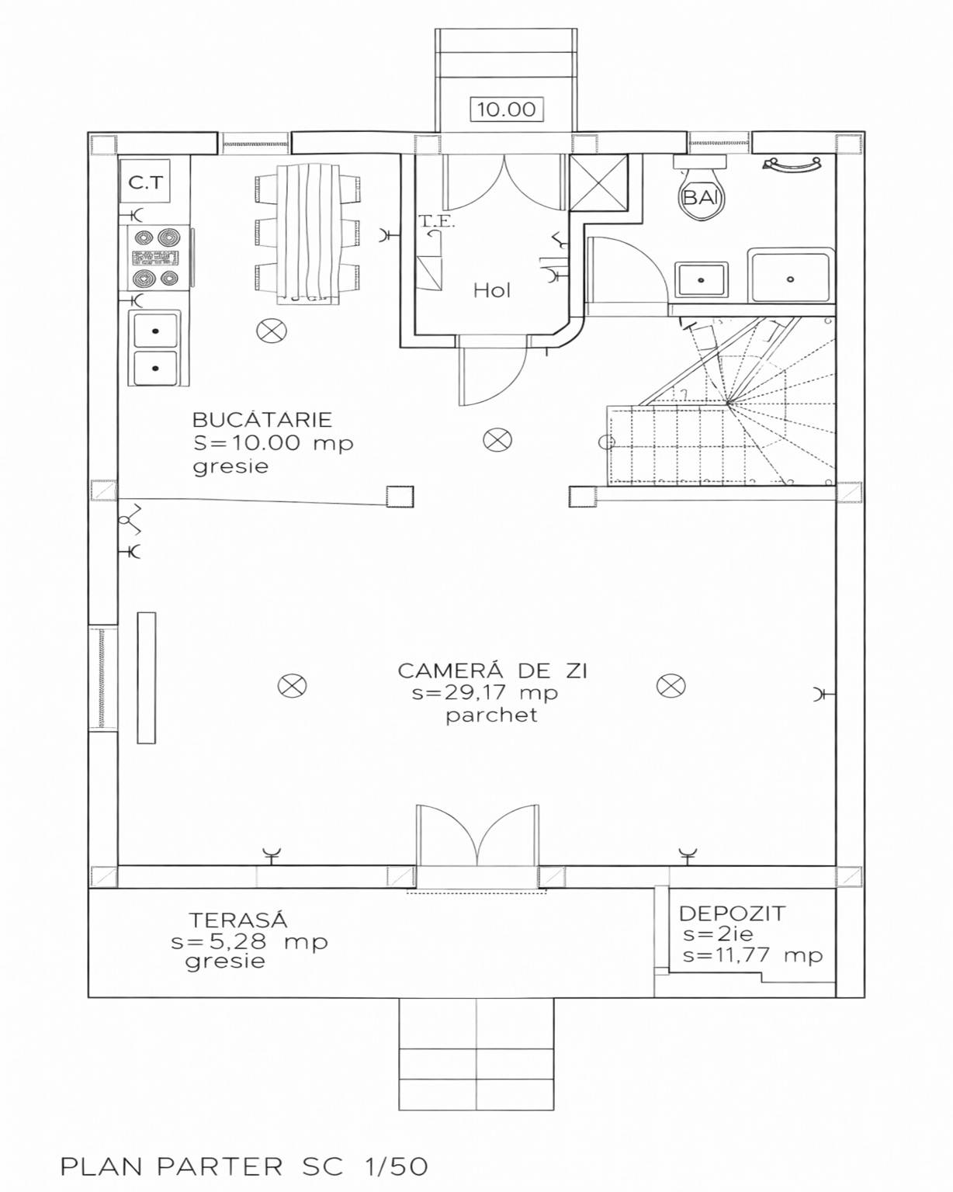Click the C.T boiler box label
[146, 182]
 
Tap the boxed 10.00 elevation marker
[507, 109]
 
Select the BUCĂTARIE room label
[262, 419]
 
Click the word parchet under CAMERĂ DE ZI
[491, 715]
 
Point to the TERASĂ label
[239, 920]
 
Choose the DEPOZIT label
[733, 913]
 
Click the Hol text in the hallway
[492, 290]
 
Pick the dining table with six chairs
[307, 233]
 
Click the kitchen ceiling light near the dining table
[272, 331]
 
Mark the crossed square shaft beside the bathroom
[599, 183]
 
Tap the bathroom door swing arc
[653, 259]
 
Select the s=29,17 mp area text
[485, 693]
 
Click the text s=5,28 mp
[249, 941]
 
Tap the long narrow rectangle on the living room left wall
[146, 678]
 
